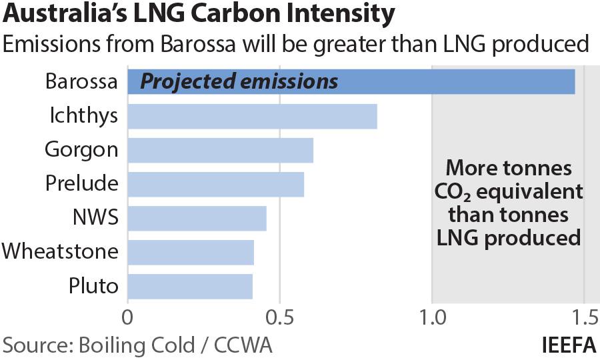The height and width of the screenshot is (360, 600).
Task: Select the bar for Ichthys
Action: (252, 116)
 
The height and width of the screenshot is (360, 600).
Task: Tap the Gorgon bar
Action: (220, 150)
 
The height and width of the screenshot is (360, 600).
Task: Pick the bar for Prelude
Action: (215, 183)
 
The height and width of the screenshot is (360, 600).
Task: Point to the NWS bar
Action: (197, 218)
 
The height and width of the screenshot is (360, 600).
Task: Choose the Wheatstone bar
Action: (191, 252)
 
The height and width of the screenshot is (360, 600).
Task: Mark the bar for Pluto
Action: (190, 286)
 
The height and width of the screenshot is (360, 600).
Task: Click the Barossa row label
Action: (81, 81)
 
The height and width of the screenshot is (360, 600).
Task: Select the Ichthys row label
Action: (84, 116)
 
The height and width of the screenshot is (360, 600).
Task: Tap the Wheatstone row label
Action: (60, 252)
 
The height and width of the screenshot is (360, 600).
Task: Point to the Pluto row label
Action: (93, 286)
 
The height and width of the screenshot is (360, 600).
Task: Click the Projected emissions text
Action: (239, 81)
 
